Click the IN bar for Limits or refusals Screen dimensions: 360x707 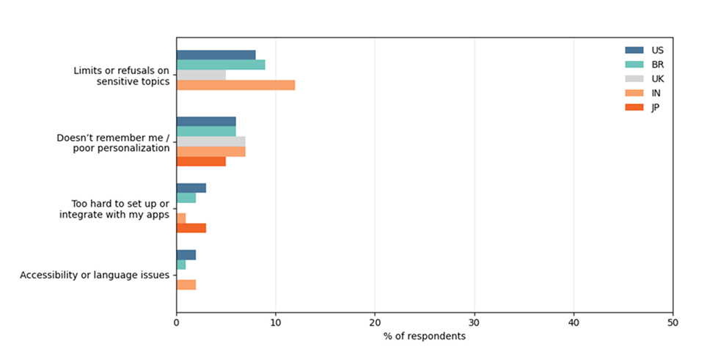235,85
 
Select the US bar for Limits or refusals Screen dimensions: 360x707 216,55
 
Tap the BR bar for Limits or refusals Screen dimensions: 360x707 221,65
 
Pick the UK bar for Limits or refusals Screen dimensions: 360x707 201,75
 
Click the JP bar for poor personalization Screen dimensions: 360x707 201,161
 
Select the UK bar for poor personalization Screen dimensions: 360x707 211,142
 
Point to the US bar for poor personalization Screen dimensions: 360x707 206,122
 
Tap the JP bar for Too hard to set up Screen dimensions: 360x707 191,228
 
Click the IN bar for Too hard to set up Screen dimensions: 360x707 181,218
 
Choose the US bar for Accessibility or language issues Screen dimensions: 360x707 186,254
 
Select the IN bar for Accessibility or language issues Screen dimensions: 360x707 186,284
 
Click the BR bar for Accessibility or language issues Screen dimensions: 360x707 181,265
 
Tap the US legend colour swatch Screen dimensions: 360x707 634,50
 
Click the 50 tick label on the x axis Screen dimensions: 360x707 673,322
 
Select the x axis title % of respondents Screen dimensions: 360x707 424,336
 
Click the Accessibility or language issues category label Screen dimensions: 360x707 95,275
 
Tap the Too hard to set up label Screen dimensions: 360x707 114,208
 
